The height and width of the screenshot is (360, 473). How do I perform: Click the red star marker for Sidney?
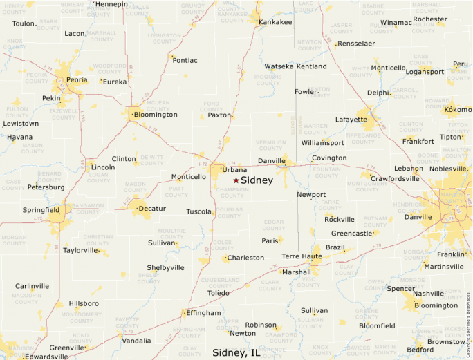(x=236, y=180)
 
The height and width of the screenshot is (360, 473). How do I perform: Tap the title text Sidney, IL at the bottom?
(x=236, y=352)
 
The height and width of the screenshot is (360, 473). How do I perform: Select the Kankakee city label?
(x=275, y=22)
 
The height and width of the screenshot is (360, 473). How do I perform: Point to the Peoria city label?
(x=76, y=80)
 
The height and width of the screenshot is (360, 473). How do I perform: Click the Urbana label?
(x=234, y=170)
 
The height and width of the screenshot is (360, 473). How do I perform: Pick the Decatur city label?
(x=152, y=209)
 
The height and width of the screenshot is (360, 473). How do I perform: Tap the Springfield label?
(x=41, y=209)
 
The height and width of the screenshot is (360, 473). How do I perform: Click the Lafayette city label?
(x=351, y=120)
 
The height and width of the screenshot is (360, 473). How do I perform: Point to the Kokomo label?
(x=457, y=110)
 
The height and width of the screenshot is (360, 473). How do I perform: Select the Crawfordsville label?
(x=395, y=178)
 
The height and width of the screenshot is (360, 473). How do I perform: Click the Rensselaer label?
(x=356, y=44)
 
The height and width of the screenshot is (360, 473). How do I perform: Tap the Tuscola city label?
(x=199, y=211)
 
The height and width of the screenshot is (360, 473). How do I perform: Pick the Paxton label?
(x=219, y=115)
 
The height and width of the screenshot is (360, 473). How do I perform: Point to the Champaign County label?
(x=233, y=192)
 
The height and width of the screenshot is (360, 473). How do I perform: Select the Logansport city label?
(x=425, y=72)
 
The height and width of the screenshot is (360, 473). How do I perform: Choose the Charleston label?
(x=245, y=258)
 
